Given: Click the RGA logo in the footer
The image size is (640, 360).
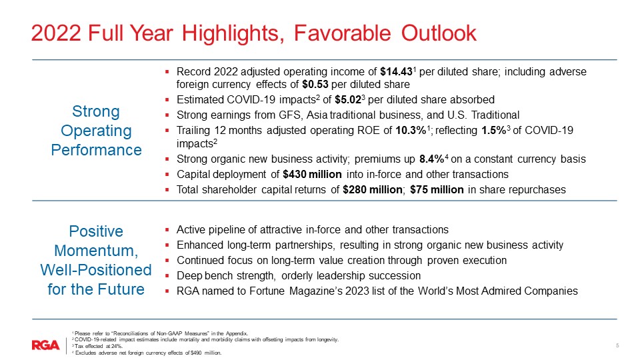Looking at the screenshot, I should pyautogui.click(x=45, y=345).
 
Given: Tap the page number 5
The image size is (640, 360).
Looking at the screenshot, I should pyautogui.click(x=617, y=345).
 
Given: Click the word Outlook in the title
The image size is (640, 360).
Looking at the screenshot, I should pyautogui.click(x=439, y=33).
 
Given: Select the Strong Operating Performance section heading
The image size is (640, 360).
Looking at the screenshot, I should pyautogui.click(x=97, y=130).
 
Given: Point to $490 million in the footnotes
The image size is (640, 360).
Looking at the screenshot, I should pyautogui.click(x=205, y=353).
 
